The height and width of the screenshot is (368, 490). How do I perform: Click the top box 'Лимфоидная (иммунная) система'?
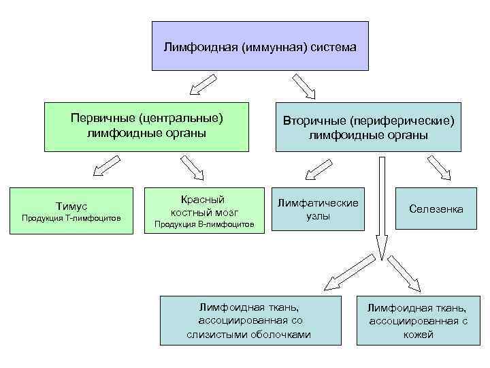(x=259, y=46)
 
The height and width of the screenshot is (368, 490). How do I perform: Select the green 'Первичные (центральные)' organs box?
(x=147, y=126)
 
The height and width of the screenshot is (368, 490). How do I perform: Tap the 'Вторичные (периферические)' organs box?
(x=368, y=127)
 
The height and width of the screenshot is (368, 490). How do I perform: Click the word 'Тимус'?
(x=71, y=206)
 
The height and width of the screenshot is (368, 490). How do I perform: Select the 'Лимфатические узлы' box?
(x=317, y=210)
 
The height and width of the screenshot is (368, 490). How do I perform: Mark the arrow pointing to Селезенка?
(x=440, y=168)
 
